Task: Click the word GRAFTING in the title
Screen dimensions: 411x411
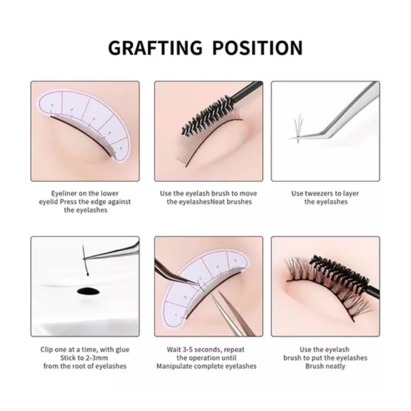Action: (155, 48)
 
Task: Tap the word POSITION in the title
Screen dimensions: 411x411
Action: (258, 48)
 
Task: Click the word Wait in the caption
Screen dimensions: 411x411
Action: (174, 350)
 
